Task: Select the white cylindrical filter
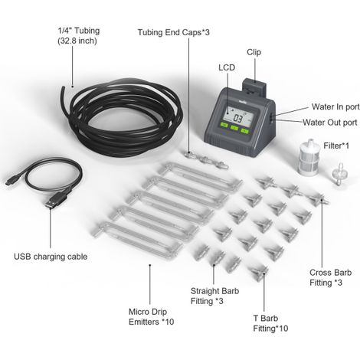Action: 309,157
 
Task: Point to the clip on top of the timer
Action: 254,87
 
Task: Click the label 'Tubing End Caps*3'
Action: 174,32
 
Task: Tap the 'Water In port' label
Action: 335,106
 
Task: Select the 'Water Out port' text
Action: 330,123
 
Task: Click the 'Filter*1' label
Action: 336,146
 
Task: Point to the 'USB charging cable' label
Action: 51,257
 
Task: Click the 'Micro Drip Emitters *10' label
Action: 151,316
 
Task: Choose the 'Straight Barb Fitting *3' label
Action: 214,296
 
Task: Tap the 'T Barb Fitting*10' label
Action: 270,323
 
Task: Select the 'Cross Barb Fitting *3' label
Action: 330,277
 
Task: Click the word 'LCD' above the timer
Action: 227,67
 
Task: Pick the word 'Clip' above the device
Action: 254,52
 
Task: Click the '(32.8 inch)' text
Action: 77,41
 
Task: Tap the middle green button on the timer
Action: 234,127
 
